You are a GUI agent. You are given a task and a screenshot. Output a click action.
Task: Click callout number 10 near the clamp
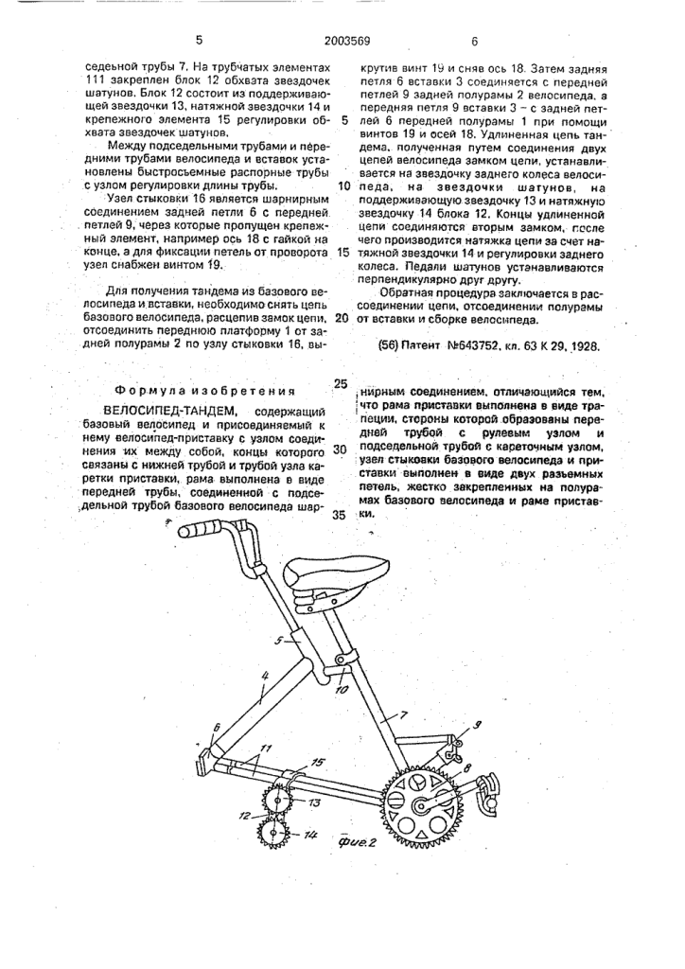(x=342, y=688)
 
